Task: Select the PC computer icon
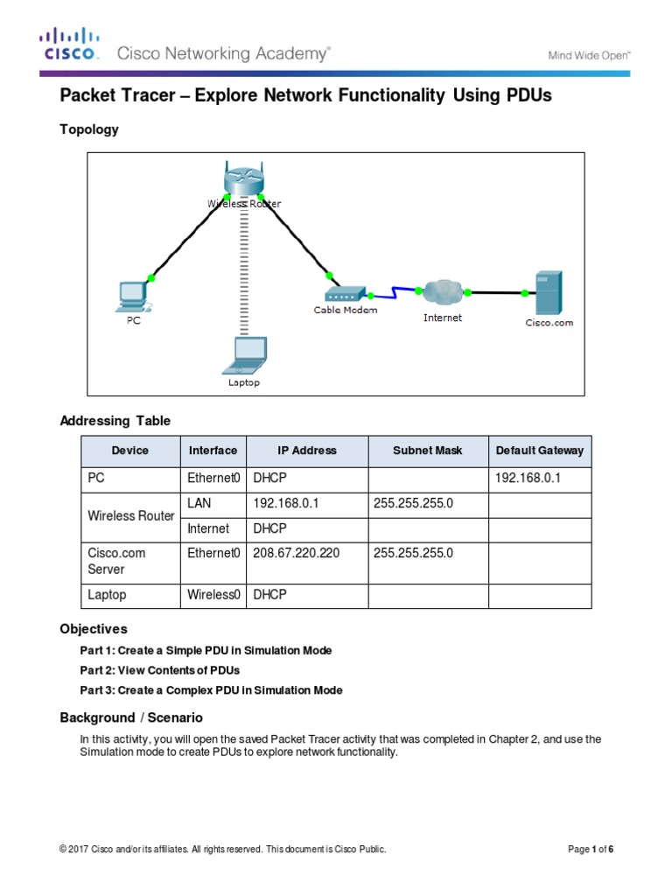(x=132, y=297)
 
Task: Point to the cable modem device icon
(x=345, y=295)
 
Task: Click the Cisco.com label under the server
(x=549, y=323)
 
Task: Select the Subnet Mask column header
(x=424, y=451)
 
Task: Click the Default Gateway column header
(x=539, y=451)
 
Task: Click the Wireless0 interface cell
(x=213, y=595)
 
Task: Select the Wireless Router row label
(x=131, y=516)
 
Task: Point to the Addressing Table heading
(x=115, y=421)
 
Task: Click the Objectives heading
(x=94, y=629)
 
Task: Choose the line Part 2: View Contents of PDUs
(x=159, y=670)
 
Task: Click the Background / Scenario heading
(x=131, y=717)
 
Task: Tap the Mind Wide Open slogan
(x=589, y=55)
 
